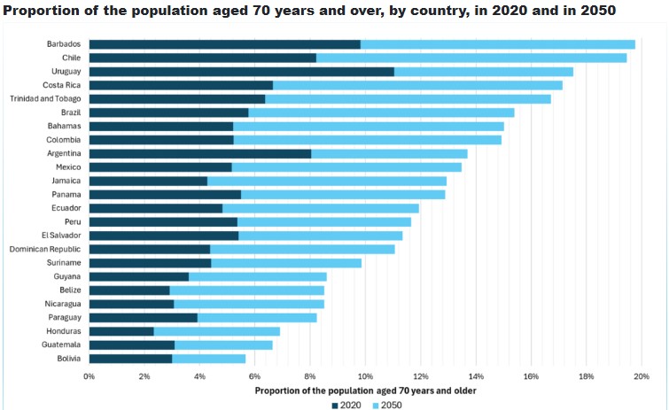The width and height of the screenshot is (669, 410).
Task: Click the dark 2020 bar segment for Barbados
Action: coord(224,44)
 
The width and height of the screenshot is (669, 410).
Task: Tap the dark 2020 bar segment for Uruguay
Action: coord(241,72)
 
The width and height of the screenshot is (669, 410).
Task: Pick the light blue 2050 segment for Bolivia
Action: coord(208,359)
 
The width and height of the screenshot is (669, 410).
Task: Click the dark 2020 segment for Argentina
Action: coord(200,153)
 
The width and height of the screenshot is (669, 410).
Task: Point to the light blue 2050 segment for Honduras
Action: coord(216,331)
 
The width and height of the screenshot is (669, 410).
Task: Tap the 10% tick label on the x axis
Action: coord(365,376)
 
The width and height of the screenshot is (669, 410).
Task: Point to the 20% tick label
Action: coord(641,376)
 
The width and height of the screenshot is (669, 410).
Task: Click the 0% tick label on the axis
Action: coord(89,376)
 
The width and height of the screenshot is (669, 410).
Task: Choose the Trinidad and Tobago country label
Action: coord(45,98)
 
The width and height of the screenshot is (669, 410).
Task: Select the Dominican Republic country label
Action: coord(46,249)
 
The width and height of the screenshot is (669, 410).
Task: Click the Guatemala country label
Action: coord(60,344)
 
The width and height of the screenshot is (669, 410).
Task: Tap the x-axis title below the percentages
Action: coord(364,391)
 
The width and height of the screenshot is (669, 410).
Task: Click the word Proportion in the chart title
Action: coord(41,10)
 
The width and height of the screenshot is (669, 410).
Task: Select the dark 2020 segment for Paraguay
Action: coord(144,317)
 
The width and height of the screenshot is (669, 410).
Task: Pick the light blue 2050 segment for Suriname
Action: coord(286,263)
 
